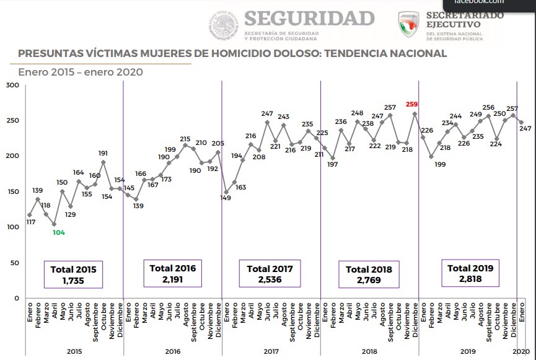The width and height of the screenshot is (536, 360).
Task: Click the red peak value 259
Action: (x=412, y=105)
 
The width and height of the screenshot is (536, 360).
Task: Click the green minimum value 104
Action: (x=59, y=232)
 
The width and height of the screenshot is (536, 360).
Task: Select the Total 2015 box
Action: (x=73, y=274)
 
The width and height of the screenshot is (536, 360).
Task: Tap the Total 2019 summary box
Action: (x=470, y=273)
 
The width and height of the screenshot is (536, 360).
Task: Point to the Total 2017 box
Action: (x=270, y=274)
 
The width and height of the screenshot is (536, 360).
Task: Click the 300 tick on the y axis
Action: (x=11, y=85)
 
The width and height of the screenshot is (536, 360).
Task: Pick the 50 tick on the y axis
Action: (x=13, y=263)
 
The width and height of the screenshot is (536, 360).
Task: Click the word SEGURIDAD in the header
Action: (x=310, y=17)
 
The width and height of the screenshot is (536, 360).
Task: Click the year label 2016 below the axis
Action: (x=173, y=351)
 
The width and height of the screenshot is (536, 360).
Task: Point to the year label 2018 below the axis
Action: (x=369, y=351)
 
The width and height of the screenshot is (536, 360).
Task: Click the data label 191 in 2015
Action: (x=103, y=153)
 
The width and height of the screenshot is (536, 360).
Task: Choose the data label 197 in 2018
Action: (x=333, y=164)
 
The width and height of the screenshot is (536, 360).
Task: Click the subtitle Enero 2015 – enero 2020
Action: (x=81, y=72)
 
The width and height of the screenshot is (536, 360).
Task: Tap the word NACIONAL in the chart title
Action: (x=415, y=53)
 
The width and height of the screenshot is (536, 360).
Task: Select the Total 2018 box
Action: (x=369, y=274)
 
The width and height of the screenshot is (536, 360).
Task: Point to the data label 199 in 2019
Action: (x=441, y=164)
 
